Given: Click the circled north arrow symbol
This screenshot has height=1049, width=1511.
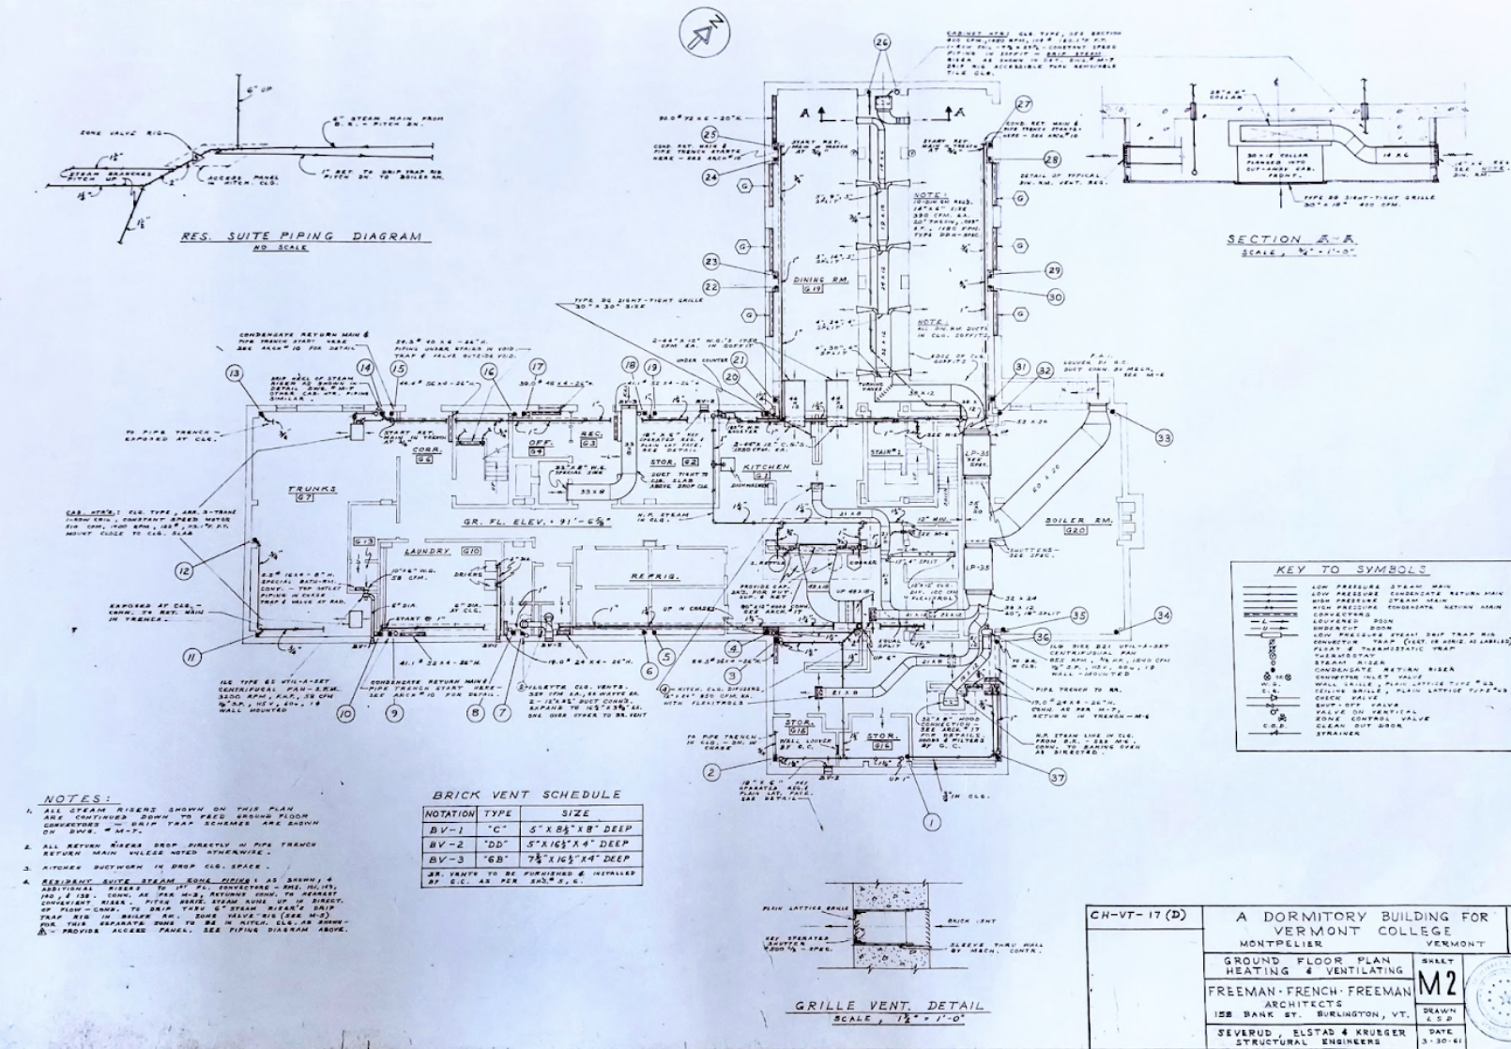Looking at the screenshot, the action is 704,36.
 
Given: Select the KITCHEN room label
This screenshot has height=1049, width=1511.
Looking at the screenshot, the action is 766,466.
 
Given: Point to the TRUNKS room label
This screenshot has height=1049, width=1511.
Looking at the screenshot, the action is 312,489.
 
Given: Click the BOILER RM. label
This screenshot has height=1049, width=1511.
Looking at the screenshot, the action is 1064,521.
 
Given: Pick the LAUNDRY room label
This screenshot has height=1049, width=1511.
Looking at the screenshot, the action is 427,551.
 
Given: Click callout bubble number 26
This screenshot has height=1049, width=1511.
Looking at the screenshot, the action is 881,42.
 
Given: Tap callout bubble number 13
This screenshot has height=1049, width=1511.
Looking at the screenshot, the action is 234,373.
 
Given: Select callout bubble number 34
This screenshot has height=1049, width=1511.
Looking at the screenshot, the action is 1163,616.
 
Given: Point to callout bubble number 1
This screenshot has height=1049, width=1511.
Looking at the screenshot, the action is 931,822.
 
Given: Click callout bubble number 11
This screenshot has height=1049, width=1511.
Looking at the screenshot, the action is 191,657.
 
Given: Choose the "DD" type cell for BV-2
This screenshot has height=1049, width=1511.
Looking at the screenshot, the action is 497,844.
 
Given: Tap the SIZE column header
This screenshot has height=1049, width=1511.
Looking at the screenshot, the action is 574,813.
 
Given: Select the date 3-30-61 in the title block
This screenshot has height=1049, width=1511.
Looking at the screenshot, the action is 1438,1039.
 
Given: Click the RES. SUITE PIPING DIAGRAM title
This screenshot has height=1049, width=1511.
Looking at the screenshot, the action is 300,236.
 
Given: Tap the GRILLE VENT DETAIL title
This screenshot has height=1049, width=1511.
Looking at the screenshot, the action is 889,1006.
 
